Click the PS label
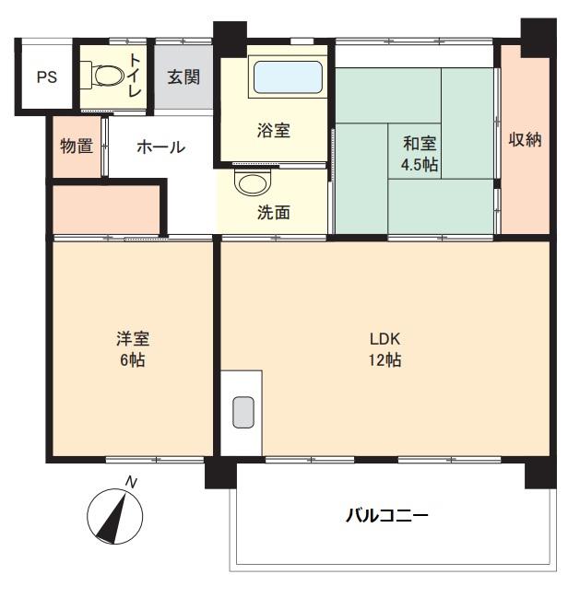click(x=46, y=77)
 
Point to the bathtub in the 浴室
click(x=287, y=76)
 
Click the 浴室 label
click(x=274, y=131)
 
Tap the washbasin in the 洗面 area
click(x=249, y=182)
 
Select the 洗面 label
click(x=274, y=213)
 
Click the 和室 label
click(x=420, y=144)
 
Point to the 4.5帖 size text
click(x=420, y=165)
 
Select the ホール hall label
click(x=160, y=147)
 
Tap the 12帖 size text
click(x=385, y=360)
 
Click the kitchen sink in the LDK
click(x=243, y=411)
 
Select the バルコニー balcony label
click(x=387, y=515)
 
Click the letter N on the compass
click(x=131, y=482)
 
